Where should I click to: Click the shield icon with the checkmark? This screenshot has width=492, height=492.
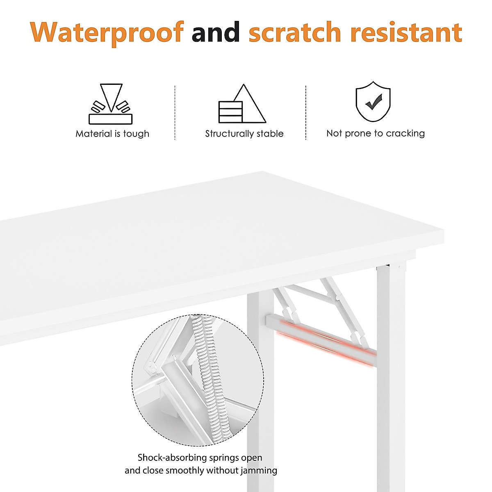click(x=373, y=101)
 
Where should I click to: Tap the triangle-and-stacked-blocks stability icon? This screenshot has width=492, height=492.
click(x=242, y=104)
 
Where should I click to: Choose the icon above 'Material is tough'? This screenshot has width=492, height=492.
click(x=111, y=104)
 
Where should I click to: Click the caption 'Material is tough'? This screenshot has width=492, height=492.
click(x=112, y=134)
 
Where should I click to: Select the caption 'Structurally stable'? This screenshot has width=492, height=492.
click(x=244, y=134)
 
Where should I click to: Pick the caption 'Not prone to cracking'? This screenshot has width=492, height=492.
click(x=376, y=133)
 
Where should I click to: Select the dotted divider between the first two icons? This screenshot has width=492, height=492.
click(x=175, y=112)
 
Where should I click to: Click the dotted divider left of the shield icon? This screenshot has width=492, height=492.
click(x=306, y=112)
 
